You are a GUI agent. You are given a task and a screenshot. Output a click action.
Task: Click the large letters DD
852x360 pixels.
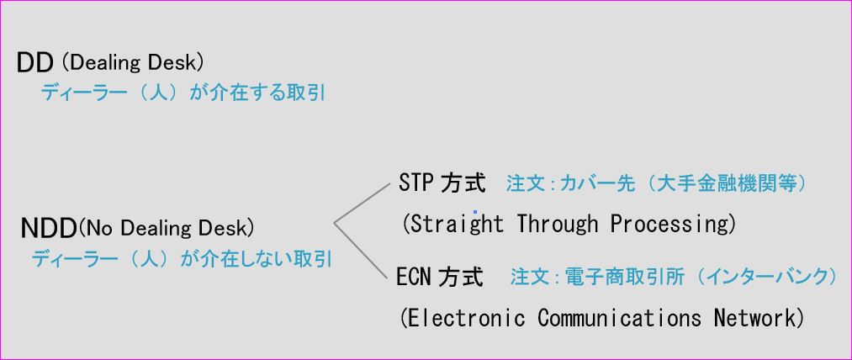34,64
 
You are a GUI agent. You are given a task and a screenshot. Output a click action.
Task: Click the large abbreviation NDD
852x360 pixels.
48,229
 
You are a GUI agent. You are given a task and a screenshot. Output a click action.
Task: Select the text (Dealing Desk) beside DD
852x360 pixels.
133,63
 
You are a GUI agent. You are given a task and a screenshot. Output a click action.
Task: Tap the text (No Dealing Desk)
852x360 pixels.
166,228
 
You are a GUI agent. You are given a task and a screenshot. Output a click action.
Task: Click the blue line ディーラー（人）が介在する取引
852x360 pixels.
183,93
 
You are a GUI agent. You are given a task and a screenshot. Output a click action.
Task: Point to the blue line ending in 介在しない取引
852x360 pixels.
182,259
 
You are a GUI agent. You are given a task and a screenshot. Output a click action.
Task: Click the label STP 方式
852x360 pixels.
442,183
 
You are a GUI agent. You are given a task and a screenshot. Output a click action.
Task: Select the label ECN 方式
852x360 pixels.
440,277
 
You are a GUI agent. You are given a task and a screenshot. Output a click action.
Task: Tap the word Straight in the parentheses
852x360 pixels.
457,224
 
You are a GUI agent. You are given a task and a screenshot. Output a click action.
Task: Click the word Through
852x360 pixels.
557,223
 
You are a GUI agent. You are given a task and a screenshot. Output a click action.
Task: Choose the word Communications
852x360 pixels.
619,318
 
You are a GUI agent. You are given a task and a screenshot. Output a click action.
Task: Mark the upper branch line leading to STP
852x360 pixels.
362,204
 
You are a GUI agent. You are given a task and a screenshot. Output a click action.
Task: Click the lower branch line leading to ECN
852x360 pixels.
362,250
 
